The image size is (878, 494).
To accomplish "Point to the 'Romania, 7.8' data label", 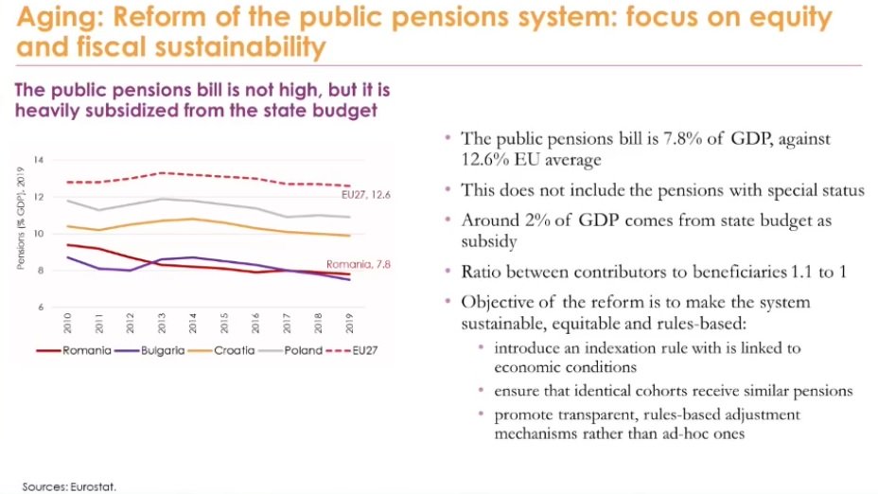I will coord(357,264).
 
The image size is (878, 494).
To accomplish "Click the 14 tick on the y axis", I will coord(39,159).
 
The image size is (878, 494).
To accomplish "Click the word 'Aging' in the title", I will coord(46,16).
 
